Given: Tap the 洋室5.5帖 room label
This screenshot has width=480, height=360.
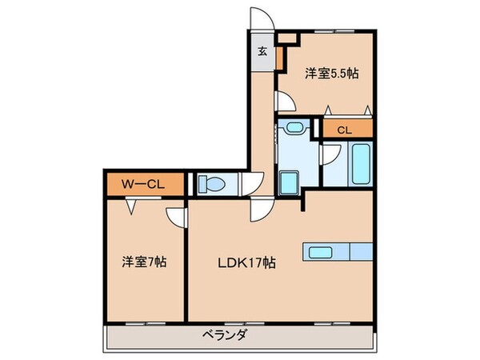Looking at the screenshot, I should coord(331,74).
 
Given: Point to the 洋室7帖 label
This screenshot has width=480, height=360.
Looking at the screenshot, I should coord(144,261).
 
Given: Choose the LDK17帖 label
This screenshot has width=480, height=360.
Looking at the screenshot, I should coord(248,262).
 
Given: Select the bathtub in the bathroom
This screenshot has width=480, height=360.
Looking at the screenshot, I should coord(361,164).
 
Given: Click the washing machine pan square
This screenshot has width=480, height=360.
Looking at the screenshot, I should coord(288,180).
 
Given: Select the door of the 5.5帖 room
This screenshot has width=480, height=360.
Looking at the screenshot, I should coord(282,102).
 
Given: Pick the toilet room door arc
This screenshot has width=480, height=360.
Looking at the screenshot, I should coord(251,184).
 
